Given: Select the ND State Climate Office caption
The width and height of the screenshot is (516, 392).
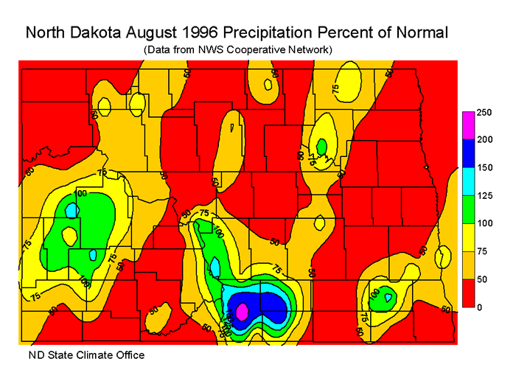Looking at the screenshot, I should pyautogui.click(x=86, y=356).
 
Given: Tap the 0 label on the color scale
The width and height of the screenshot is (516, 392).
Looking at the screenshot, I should pyautogui.click(x=478, y=307).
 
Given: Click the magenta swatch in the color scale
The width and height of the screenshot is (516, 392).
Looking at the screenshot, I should pyautogui.click(x=467, y=126).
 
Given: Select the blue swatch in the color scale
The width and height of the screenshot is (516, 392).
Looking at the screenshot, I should pyautogui.click(x=467, y=154).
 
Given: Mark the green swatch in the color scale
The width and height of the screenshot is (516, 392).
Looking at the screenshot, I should pyautogui.click(x=467, y=209).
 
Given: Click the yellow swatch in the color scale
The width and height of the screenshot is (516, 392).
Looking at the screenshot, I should pyautogui.click(x=467, y=237).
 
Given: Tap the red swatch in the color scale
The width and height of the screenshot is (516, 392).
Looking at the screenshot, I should pyautogui.click(x=467, y=293).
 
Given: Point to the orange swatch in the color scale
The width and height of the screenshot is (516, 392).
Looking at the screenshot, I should pyautogui.click(x=467, y=265).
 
